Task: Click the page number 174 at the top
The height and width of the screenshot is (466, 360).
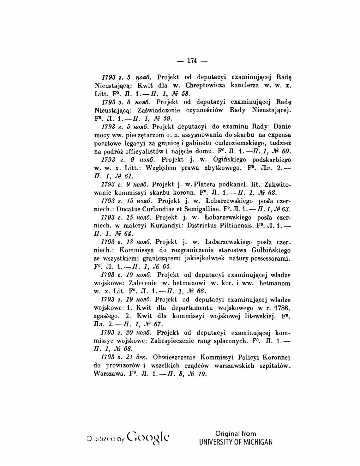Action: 192,60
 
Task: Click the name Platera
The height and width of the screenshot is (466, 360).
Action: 207,184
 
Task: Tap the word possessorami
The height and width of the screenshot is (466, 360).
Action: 270,258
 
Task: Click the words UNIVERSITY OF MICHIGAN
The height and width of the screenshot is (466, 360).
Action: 236,442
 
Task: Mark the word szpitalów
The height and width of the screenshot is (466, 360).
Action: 274,366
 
